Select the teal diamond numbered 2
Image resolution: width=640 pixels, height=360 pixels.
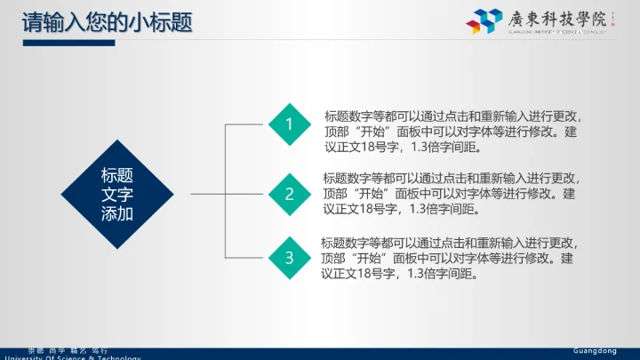[289, 193]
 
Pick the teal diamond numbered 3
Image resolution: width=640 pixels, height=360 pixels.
[289, 258]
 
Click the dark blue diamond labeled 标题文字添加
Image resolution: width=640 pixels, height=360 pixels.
[117, 194]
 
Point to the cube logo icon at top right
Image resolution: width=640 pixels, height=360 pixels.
[488, 21]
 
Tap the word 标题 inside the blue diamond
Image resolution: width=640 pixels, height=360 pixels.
[117, 175]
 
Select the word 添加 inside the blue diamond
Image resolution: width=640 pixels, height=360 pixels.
[117, 214]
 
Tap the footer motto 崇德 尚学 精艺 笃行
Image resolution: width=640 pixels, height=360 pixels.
[68, 351]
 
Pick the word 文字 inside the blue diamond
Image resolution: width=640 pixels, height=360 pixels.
[117, 195]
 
